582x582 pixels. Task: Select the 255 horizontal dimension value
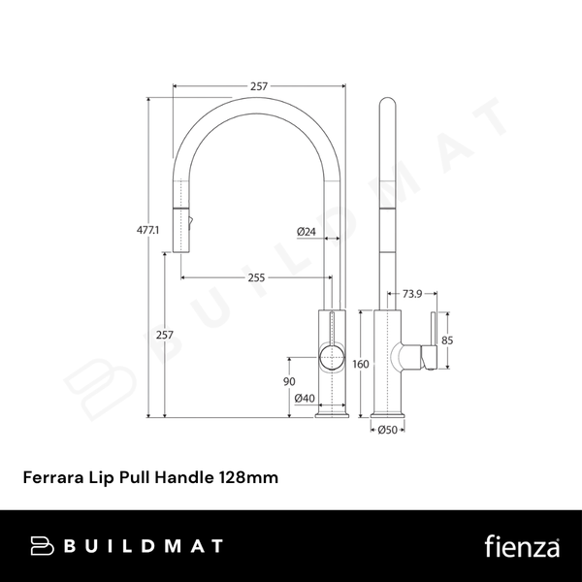point(256,278)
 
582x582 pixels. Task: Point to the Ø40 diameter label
point(304,398)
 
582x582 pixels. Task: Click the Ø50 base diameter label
point(389,430)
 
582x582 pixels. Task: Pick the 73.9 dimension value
point(412,293)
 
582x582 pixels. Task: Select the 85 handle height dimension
point(447,340)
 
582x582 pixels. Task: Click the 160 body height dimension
point(361,365)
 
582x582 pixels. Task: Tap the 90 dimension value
point(289,381)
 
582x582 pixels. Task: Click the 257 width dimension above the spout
point(259,87)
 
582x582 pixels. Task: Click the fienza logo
point(521,545)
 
